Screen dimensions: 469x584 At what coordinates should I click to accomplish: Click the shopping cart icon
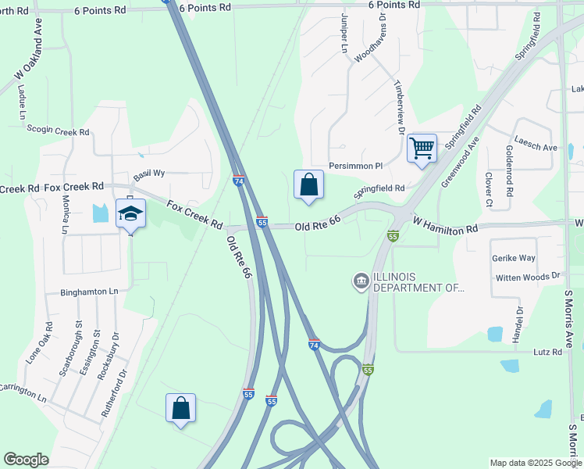coord(422,147)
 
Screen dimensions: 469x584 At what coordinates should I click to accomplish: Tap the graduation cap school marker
coord(130,213)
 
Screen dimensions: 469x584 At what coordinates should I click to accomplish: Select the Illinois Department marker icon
coord(361,281)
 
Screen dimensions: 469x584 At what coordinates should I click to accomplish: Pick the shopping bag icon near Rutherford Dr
coord(180,407)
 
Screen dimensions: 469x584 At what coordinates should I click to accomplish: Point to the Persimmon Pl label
coord(356,166)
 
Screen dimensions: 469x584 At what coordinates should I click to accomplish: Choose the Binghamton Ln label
coord(90,292)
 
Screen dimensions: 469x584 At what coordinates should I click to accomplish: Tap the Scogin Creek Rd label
coord(58,130)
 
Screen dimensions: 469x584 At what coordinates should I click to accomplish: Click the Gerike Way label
coord(513,257)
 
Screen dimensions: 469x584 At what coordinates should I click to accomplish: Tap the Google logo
coord(27,460)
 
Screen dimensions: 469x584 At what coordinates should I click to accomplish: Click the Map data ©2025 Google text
coord(535,463)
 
